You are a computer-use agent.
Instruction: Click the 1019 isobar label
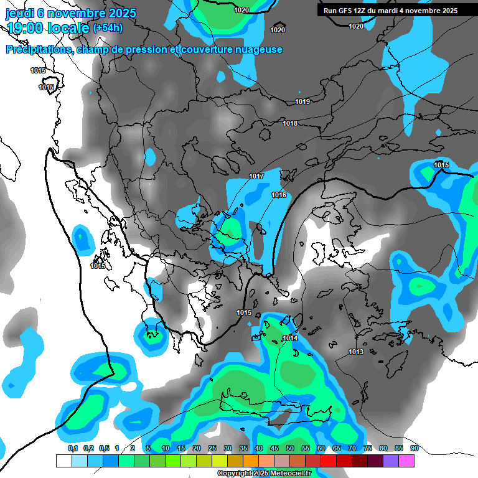tap(302, 101)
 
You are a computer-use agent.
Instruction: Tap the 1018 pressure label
tap(290, 123)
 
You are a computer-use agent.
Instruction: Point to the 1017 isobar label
tap(256, 177)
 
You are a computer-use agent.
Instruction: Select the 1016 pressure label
tap(279, 195)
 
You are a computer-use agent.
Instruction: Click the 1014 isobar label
tap(290, 338)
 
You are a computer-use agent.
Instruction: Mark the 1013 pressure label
tap(356, 352)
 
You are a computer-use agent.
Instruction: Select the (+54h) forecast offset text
tap(108, 28)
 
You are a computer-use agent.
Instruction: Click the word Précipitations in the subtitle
tap(37, 50)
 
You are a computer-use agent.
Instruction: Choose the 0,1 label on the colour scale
tap(73, 448)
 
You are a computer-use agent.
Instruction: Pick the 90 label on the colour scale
tap(414, 448)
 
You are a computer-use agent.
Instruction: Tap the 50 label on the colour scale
tap(290, 448)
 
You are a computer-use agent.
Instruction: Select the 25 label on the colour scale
tap(212, 448)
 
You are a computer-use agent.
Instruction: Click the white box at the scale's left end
tap(63, 461)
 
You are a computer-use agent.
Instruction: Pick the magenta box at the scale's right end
tap(406, 461)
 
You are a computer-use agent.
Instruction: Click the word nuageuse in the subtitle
tap(257, 50)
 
